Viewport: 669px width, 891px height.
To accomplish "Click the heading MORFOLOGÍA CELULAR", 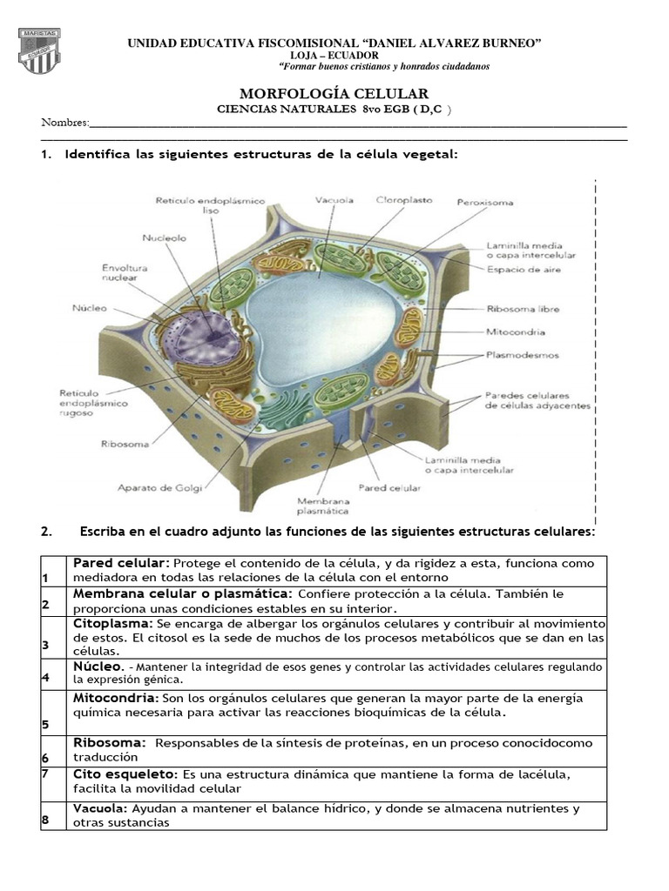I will click(x=334, y=93).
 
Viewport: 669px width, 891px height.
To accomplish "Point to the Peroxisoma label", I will click(x=485, y=203).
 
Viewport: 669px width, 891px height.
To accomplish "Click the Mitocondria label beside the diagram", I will click(x=515, y=332).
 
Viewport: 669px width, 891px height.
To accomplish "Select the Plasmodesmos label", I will click(x=523, y=355).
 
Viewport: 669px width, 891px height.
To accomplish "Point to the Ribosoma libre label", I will click(x=523, y=309).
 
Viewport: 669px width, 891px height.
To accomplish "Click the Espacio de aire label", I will click(x=524, y=271).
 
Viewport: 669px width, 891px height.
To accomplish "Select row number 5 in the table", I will click(x=44, y=724).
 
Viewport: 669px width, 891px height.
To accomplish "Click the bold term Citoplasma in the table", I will click(x=112, y=624).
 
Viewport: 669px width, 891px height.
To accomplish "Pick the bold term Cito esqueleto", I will click(x=124, y=774).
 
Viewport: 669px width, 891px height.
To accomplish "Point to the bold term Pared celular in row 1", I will click(x=117, y=563).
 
